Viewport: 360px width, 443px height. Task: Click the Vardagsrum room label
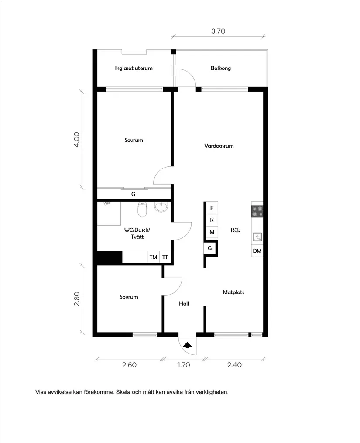(219, 146)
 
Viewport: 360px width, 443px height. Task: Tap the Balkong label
(221, 68)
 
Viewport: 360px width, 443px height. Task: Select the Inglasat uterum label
(134, 68)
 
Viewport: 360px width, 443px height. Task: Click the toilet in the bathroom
(142, 209)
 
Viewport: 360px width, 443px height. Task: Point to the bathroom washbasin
(161, 206)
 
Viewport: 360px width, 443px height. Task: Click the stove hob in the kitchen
(257, 211)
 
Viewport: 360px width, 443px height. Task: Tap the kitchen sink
(257, 237)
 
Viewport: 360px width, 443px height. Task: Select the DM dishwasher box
(257, 251)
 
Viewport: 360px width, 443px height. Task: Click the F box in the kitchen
(212, 208)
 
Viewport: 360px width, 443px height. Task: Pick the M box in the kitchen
(212, 232)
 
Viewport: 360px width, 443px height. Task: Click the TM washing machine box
(153, 257)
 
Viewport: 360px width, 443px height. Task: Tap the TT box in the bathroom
(165, 257)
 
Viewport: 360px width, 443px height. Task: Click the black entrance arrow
(187, 345)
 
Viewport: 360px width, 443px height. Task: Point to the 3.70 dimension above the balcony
(218, 31)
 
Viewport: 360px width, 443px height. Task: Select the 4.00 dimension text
(76, 140)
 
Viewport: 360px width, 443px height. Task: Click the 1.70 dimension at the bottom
(184, 365)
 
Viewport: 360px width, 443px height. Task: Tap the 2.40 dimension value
(234, 365)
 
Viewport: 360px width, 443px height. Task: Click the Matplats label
(233, 292)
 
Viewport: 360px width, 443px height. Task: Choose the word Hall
(184, 303)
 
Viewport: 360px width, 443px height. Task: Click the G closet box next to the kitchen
(209, 248)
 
